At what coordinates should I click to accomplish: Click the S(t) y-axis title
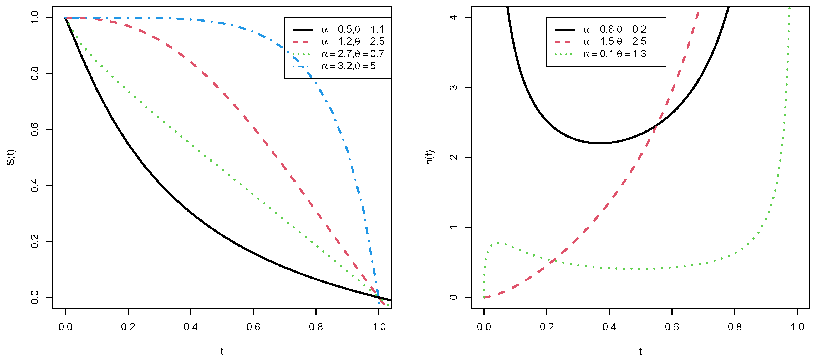point(11,157)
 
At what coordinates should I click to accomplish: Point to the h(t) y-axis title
point(429,157)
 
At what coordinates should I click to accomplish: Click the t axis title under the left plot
point(222,351)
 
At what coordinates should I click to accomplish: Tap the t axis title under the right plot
point(640,351)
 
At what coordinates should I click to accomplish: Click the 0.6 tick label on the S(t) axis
point(34,129)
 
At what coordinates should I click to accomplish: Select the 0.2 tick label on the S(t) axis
point(34,241)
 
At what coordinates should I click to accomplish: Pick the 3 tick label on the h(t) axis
point(453,87)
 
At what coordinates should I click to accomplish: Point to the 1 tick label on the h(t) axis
point(453,227)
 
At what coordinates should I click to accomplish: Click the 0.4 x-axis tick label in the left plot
point(190,327)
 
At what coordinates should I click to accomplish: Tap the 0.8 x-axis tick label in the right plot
point(734,327)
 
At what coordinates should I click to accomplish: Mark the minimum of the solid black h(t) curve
point(600,143)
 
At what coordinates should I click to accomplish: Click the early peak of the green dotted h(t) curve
point(498,243)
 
